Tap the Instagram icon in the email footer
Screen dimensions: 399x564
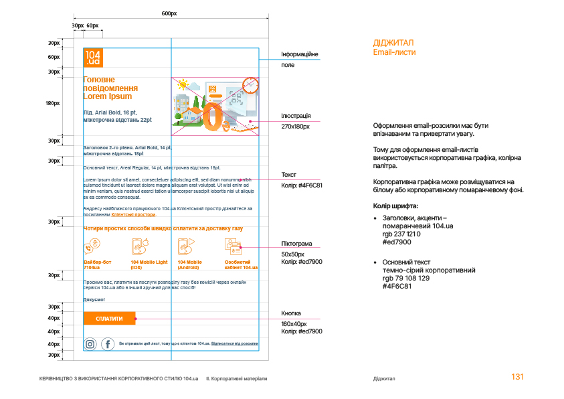90,344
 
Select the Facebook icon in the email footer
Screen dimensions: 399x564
107,344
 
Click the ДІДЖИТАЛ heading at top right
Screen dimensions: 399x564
393,43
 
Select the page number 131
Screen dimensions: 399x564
517,377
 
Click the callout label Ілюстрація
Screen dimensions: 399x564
296,116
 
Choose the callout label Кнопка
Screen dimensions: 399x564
291,313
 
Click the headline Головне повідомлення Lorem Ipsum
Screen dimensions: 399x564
110,88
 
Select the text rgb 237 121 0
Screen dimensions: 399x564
401,234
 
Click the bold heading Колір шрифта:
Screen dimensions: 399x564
396,206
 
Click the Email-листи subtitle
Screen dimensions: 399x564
394,52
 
